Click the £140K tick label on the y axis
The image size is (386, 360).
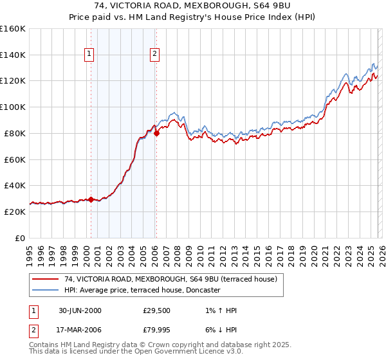[13, 55]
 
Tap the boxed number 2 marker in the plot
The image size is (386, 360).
[155, 55]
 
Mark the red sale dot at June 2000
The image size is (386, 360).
[91, 199]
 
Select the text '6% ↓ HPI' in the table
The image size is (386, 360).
[219, 331]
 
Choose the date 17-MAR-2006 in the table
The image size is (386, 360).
[80, 331]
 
